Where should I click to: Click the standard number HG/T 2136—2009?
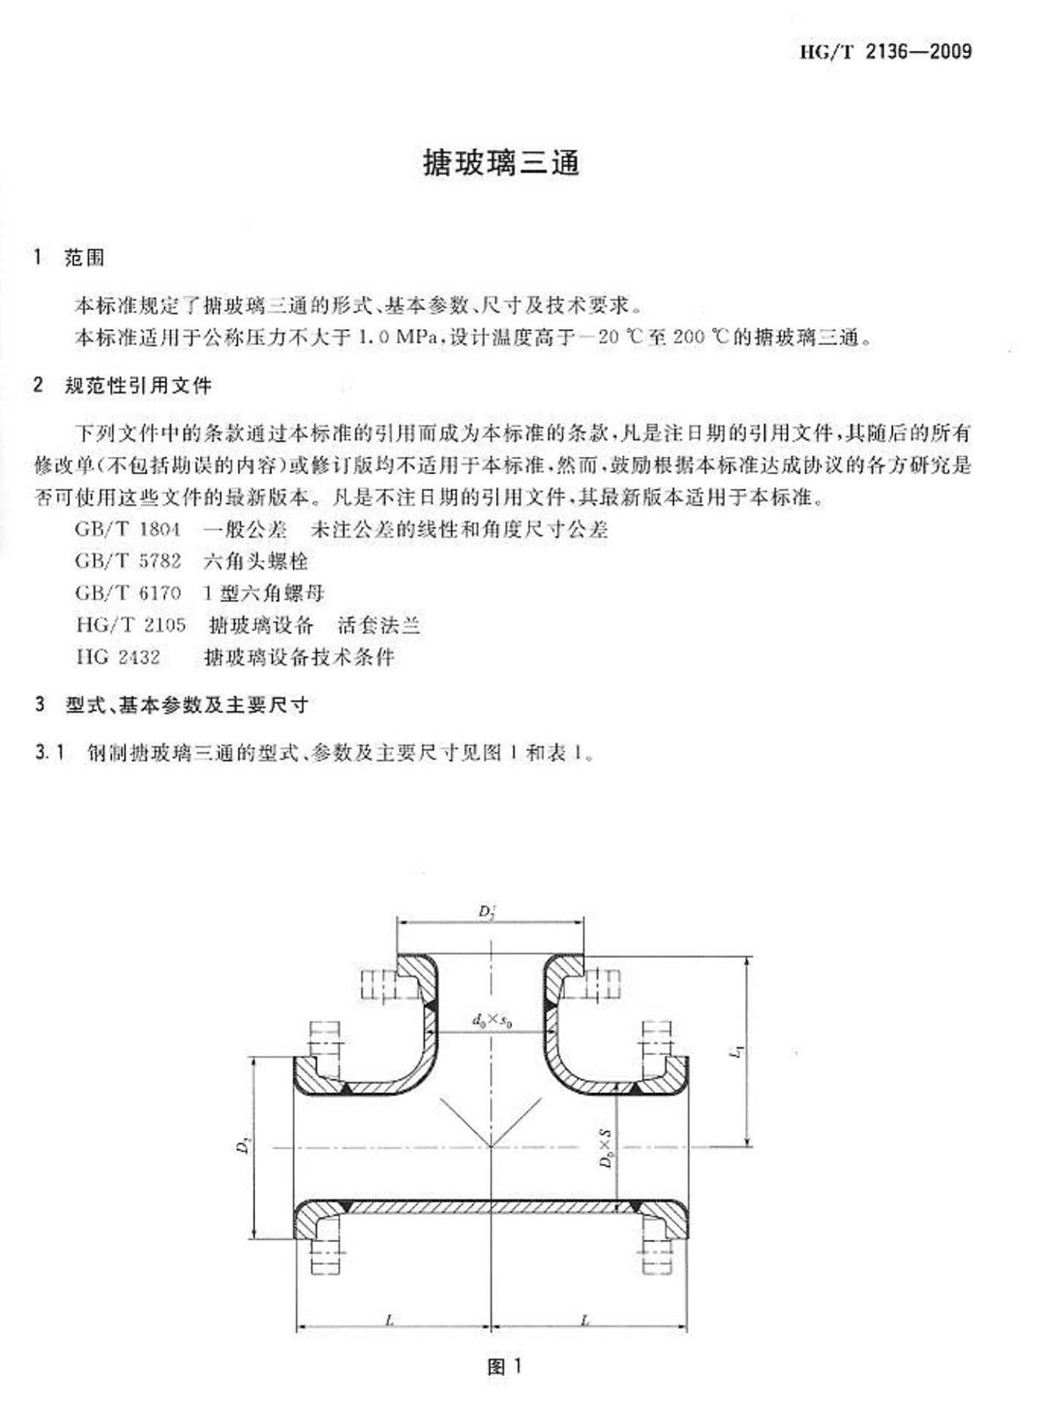tap(885, 51)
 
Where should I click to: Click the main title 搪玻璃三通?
tap(500, 163)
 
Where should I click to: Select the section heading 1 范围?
tap(69, 258)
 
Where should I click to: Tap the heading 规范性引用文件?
tap(139, 386)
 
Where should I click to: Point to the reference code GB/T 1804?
tap(128, 529)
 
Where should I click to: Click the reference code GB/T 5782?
tap(128, 561)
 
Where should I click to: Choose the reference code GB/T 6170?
tap(128, 592)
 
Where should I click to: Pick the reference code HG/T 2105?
tap(131, 625)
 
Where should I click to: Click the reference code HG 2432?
tap(117, 657)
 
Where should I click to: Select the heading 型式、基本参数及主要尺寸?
tap(187, 704)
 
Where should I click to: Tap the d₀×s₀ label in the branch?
tap(493, 1020)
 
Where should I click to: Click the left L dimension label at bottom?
tap(389, 1321)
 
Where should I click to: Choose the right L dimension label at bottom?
tap(585, 1321)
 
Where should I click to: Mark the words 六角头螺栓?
tap(255, 561)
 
